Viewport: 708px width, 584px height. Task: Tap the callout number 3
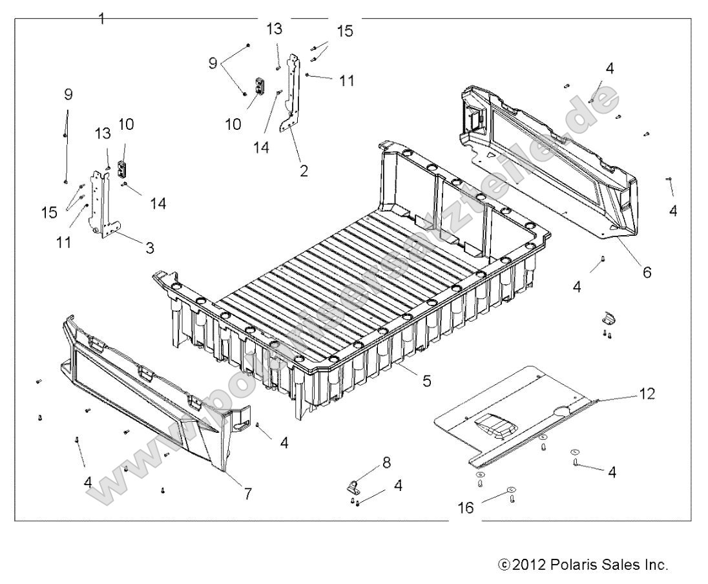click(149, 246)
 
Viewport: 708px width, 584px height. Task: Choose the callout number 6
click(647, 272)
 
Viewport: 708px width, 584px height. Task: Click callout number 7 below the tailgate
click(247, 494)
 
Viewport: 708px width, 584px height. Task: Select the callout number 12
click(647, 393)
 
